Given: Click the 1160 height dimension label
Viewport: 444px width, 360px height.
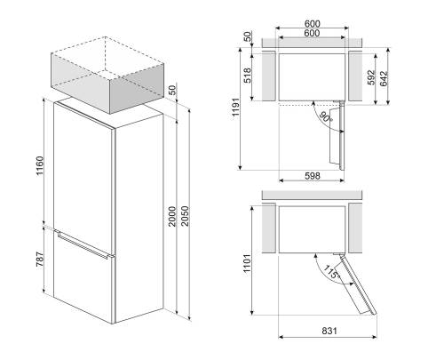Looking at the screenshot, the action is [40, 166].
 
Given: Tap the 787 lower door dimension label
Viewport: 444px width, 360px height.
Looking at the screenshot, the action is [40, 260].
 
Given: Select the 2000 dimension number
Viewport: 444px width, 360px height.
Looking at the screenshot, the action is [172, 217].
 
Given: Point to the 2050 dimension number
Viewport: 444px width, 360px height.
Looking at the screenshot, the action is [185, 216].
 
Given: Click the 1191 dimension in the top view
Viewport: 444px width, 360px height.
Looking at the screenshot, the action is [235, 107].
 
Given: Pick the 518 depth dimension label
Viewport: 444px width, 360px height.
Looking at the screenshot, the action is [247, 76].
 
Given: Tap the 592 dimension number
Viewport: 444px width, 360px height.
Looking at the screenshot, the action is [371, 77].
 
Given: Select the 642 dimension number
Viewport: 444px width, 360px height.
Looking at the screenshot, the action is [384, 78].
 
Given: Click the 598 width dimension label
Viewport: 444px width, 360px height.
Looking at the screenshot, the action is [313, 176].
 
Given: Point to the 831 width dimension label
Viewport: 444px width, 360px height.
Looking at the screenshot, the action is [329, 331].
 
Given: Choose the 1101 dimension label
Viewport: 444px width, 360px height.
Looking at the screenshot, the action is [247, 263].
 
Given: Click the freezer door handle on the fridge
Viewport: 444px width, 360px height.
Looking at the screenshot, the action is [83, 245].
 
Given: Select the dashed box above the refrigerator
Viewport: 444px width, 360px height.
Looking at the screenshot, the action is [107, 76].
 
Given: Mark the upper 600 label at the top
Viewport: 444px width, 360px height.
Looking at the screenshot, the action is [312, 23].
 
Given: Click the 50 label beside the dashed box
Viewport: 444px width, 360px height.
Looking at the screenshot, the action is [172, 90].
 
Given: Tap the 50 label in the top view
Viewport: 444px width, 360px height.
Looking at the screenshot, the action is [248, 36].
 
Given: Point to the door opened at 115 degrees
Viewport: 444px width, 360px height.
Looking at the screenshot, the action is [358, 284].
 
